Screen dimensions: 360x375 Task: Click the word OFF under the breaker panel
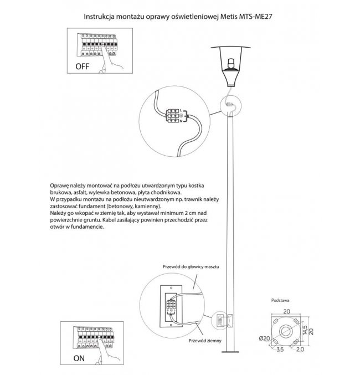tap(83, 66)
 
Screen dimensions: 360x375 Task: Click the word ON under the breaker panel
tap(79, 358)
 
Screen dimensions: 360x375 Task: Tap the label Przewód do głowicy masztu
tap(191, 266)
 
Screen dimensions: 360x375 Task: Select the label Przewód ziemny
tap(205, 341)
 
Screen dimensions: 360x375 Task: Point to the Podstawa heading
tap(280, 300)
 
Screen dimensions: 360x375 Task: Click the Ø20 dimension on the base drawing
tap(264, 338)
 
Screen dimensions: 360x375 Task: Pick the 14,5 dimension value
tap(305, 330)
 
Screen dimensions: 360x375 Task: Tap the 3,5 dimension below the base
tap(280, 350)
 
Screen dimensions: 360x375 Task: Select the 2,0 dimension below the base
tap(300, 350)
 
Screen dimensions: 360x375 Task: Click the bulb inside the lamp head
tap(231, 63)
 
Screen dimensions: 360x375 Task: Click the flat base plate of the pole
tap(230, 352)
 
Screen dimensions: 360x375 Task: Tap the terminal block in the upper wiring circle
tap(173, 116)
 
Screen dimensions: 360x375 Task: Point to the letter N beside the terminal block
tap(181, 121)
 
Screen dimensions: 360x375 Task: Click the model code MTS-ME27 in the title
tap(255, 17)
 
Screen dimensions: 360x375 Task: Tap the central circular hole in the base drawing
tap(285, 331)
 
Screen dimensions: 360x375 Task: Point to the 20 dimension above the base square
tap(286, 311)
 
